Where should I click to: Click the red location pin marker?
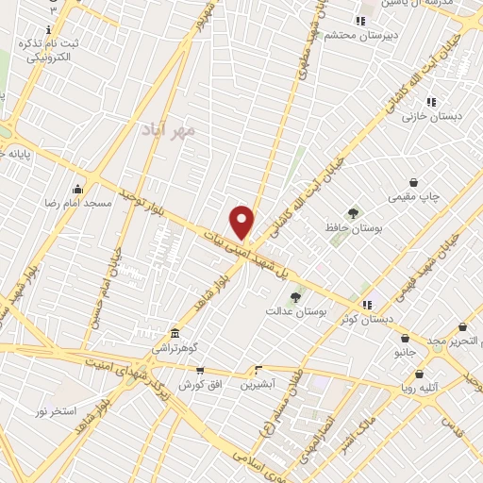242,223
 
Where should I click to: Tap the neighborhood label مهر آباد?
171,127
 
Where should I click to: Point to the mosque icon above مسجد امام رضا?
77,188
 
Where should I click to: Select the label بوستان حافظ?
354,227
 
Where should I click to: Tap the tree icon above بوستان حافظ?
354,212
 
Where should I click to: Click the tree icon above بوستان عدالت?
295,296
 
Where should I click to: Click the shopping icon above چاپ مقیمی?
413,182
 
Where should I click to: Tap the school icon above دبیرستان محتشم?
359,21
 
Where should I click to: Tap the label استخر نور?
55,411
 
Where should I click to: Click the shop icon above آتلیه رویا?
419,374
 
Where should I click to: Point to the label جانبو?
405,353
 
